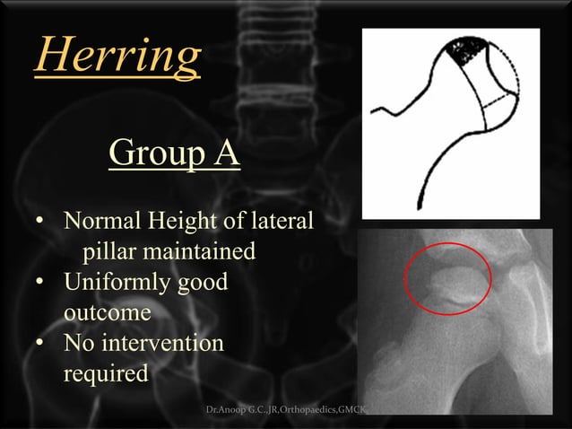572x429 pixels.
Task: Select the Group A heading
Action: [174, 153]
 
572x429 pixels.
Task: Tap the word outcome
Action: [107, 312]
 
